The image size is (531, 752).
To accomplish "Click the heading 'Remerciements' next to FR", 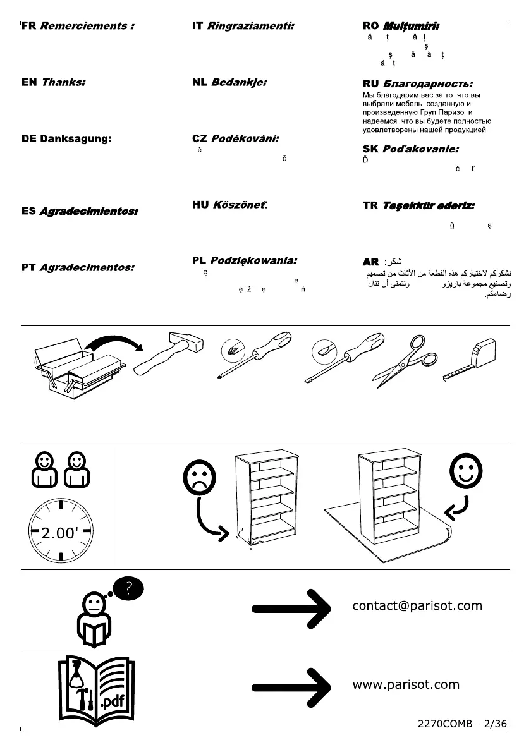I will coord(87,27).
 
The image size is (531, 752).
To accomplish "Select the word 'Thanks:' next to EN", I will coord(63,82).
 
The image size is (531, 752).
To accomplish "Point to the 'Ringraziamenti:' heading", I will coord(251,27).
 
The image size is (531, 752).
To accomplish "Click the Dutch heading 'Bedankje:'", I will coord(239,82).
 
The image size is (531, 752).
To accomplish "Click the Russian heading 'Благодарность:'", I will coord(428,83).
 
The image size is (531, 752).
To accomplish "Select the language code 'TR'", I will coord(370,205).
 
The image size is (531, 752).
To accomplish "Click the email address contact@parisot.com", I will coord(417,606).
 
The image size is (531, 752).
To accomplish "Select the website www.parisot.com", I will coord(406,684).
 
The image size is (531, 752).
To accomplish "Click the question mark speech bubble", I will coord(128,590).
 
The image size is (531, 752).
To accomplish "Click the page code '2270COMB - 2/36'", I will coord(463,725).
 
